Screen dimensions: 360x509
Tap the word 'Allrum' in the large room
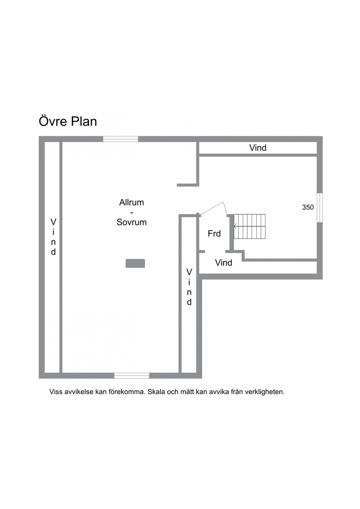[132, 202]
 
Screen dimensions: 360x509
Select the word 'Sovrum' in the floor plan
[132, 222]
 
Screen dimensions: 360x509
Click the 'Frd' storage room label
[214, 233]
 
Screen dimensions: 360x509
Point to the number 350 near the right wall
[308, 207]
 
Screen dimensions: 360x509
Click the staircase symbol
[250, 226]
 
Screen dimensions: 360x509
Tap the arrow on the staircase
[235, 226]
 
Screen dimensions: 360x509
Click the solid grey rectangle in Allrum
[135, 263]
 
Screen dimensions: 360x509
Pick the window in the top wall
[120, 139]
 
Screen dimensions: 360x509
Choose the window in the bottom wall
[132, 375]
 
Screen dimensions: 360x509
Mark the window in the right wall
[320, 208]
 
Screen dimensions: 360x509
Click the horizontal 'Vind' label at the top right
[258, 148]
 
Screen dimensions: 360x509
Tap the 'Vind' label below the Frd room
[224, 263]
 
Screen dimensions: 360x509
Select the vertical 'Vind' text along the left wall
[53, 237]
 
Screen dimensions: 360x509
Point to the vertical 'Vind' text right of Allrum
[189, 287]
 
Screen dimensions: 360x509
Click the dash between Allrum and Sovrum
[132, 213]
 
